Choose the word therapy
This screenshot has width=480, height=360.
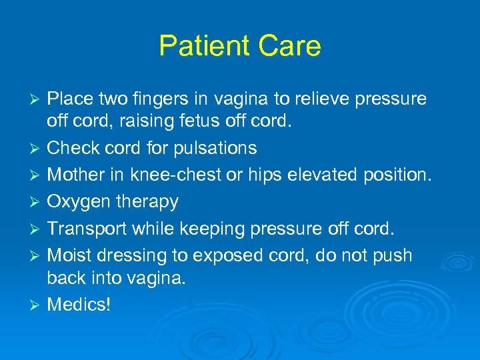147,202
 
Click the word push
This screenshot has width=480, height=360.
393,256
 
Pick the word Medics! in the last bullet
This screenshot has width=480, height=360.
79,305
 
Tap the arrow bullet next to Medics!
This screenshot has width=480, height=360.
37,305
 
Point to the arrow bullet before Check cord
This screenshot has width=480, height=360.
37,148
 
